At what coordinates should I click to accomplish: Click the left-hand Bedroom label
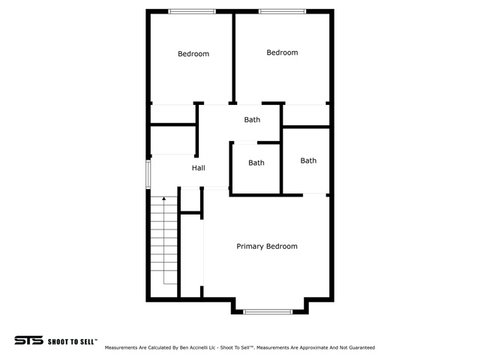[193, 54]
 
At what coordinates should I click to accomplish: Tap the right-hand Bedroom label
[282, 52]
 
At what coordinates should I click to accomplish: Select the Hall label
[198, 168]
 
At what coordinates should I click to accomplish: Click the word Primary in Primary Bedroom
[250, 247]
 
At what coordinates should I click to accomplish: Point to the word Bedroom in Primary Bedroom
[282, 247]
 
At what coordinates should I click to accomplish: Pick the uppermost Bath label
[252, 120]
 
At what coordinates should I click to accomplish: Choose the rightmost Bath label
[308, 160]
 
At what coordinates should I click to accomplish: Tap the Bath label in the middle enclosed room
[256, 163]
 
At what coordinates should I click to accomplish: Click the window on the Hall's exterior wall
[148, 174]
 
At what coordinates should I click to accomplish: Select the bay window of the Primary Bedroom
[268, 312]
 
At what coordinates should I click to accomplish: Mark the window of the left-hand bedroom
[192, 12]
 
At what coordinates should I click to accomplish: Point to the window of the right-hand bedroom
[282, 12]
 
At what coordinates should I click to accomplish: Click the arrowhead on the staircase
[163, 199]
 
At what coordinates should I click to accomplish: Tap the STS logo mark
[28, 340]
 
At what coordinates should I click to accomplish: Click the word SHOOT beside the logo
[58, 342]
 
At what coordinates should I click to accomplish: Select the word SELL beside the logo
[87, 342]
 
